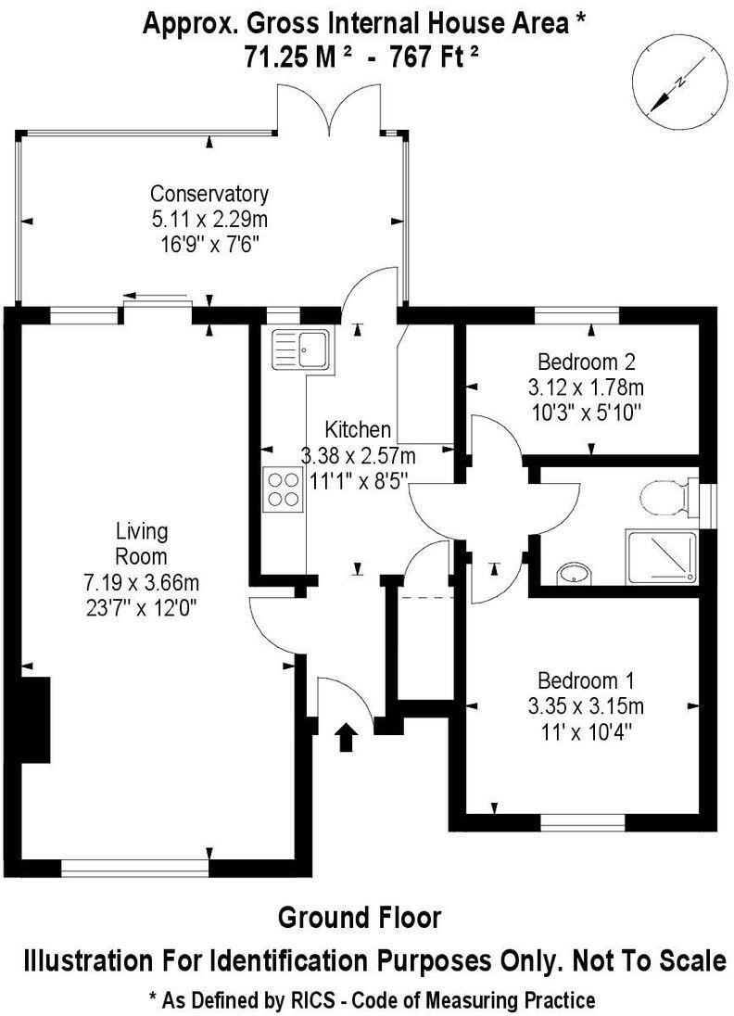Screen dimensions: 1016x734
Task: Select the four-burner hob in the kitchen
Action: click(283, 489)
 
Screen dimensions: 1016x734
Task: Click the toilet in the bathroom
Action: click(664, 497)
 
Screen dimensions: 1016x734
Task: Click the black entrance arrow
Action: click(346, 736)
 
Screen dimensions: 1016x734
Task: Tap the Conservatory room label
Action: click(209, 194)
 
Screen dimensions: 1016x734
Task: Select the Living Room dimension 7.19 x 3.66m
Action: click(142, 583)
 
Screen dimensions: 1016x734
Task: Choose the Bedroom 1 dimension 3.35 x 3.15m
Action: click(586, 706)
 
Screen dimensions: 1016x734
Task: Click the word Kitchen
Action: click(358, 430)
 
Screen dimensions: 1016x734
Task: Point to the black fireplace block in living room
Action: click(36, 719)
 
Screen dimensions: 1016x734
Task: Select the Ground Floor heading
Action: click(360, 918)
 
